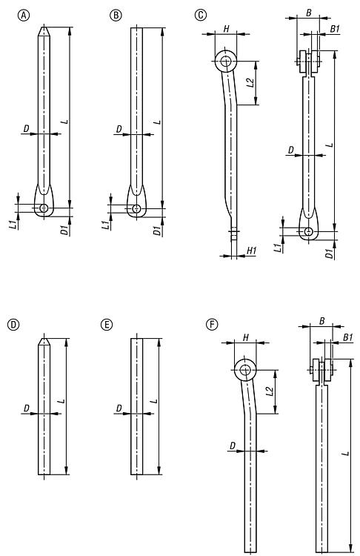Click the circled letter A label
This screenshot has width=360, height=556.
point(24,15)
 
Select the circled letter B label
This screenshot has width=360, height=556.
point(116,15)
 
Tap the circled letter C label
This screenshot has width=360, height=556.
point(201,15)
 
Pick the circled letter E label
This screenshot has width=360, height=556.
point(107,325)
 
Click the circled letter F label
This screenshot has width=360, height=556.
point(212,325)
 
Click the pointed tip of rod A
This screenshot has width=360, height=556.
point(44,27)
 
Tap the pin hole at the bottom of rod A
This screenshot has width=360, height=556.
point(44,208)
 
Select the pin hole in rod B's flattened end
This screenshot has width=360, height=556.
point(136,208)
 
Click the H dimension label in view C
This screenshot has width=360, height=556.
point(226,28)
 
